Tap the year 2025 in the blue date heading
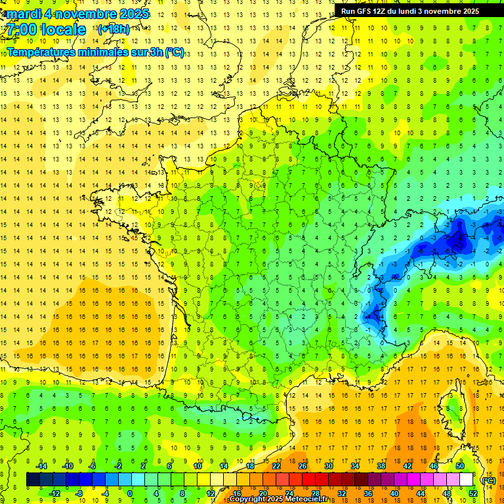131,14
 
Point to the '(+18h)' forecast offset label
114,29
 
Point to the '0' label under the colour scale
130,493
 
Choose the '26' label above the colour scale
303,466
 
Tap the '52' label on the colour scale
472,493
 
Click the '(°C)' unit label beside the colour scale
488,480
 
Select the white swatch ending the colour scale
466,480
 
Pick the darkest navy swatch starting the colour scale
33,480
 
